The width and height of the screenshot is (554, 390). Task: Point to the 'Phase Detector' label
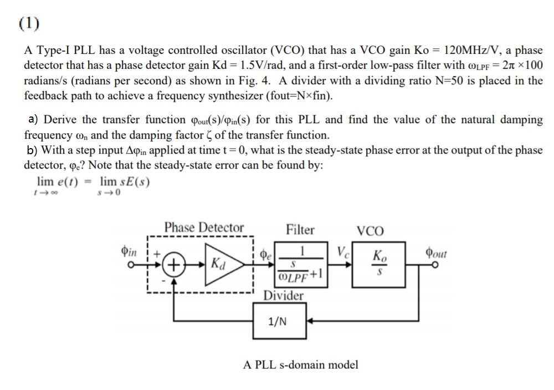[x=203, y=228]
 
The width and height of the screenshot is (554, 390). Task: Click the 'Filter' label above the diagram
[x=300, y=230]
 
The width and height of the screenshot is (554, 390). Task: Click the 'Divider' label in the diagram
[x=283, y=295]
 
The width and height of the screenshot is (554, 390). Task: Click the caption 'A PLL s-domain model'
[x=301, y=364]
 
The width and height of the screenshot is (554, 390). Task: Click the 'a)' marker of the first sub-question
[x=33, y=119]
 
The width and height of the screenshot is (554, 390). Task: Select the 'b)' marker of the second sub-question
[x=33, y=150]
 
